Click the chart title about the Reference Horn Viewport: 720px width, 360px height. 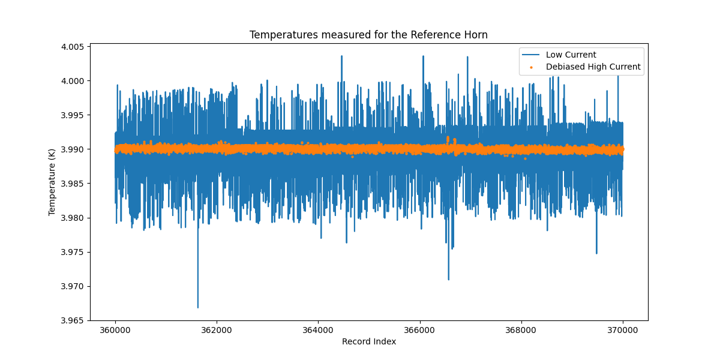tap(368, 35)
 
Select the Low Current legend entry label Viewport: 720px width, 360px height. tap(571, 55)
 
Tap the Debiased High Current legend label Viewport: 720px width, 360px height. tap(593, 67)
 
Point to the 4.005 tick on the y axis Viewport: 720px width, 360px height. tap(73, 47)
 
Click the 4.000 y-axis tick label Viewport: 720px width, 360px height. tap(73, 81)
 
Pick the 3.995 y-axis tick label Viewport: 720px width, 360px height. tap(73, 115)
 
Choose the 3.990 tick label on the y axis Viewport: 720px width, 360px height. tap(73, 149)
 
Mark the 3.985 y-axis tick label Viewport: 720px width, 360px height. tap(73, 184)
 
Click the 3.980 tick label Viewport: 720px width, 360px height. tap(73, 218)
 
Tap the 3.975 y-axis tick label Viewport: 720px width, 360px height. tap(73, 252)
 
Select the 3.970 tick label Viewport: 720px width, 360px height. tap(73, 286)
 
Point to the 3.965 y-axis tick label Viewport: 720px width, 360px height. tap(73, 320)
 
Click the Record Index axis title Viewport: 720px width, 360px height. tap(368, 342)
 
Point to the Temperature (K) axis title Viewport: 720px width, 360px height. tap(52, 182)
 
